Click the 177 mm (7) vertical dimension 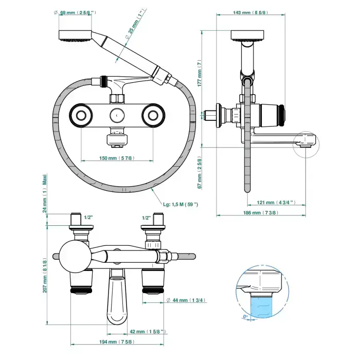201,71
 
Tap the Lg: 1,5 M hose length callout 181,205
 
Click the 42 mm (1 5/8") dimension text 147,332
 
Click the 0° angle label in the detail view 246,317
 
